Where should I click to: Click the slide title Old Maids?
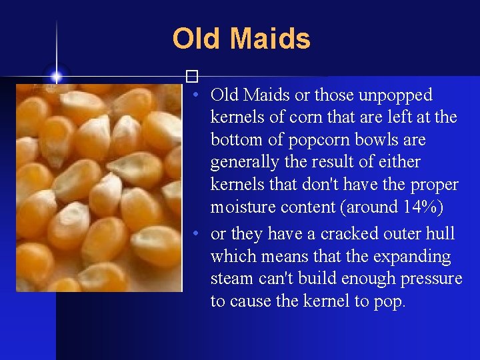(241, 39)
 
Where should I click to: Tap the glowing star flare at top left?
(57, 77)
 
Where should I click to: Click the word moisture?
(241, 207)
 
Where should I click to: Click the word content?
(305, 207)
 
